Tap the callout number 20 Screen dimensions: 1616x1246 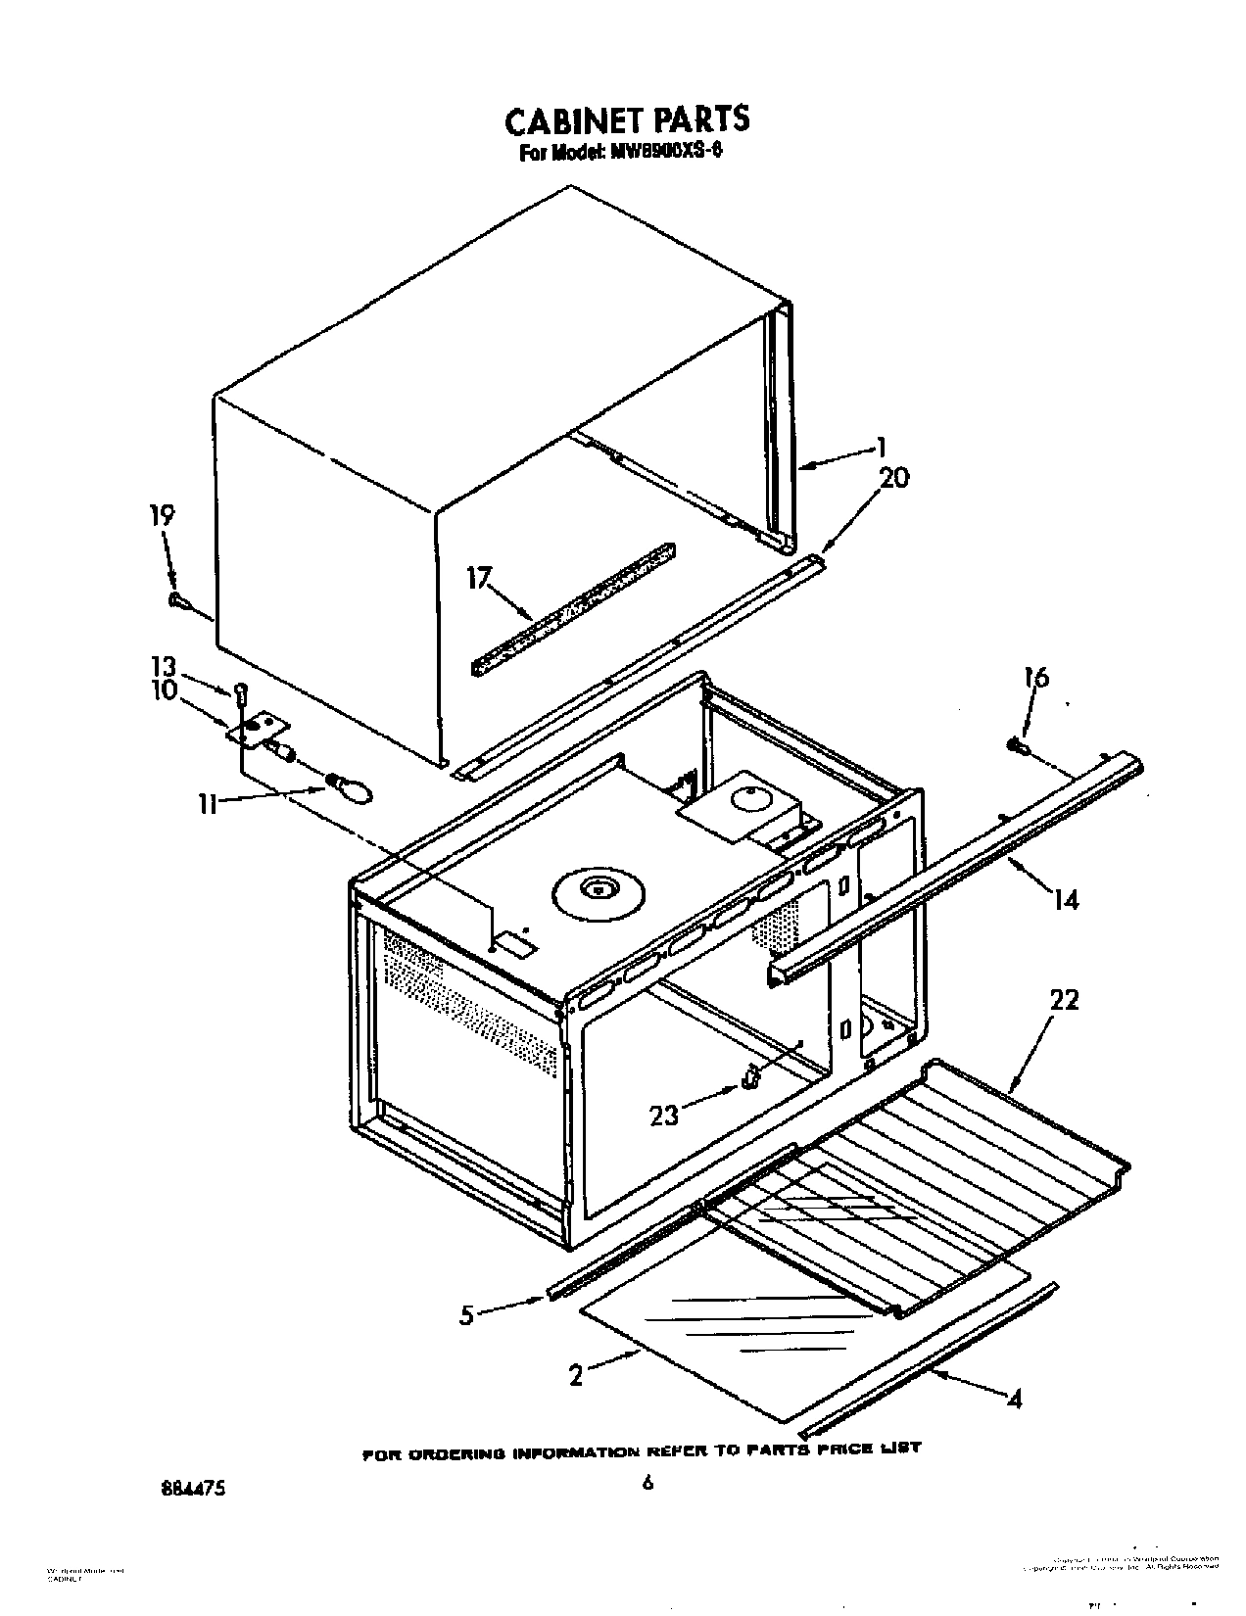[893, 478]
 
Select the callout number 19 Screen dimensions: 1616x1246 [162, 516]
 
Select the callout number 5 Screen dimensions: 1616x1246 [466, 1314]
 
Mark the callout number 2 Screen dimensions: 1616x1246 [576, 1376]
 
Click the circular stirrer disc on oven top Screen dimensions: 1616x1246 [596, 889]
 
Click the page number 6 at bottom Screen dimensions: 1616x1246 [647, 1483]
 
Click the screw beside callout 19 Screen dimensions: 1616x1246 [175, 600]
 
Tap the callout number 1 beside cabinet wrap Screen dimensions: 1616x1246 [881, 448]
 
